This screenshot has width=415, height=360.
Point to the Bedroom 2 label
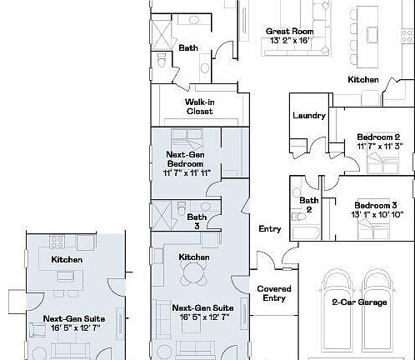[x=378, y=137]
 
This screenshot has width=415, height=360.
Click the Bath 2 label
[x=309, y=205]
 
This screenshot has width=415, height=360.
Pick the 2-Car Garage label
[x=358, y=302]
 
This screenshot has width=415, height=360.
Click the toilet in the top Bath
[x=162, y=60]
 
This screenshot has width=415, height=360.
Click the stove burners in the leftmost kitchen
[x=58, y=242]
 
